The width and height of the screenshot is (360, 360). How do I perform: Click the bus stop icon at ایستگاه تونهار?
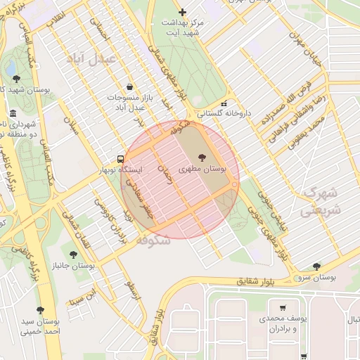tap(122, 159)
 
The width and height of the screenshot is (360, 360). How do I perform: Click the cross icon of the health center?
tap(183, 12)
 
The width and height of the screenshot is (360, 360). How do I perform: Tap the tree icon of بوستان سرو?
tap(316, 266)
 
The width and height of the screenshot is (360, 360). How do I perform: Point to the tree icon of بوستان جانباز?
tap(73, 254)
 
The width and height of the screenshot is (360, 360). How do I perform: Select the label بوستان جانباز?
tap(73, 266)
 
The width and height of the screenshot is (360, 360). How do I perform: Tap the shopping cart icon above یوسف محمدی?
tap(283, 307)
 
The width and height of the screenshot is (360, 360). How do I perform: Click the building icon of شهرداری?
tap(13, 113)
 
